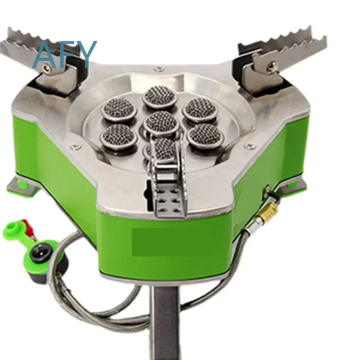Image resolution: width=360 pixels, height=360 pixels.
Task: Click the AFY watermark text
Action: pyautogui.click(x=65, y=54)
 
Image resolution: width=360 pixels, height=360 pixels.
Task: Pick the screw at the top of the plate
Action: pyautogui.click(x=158, y=68)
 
